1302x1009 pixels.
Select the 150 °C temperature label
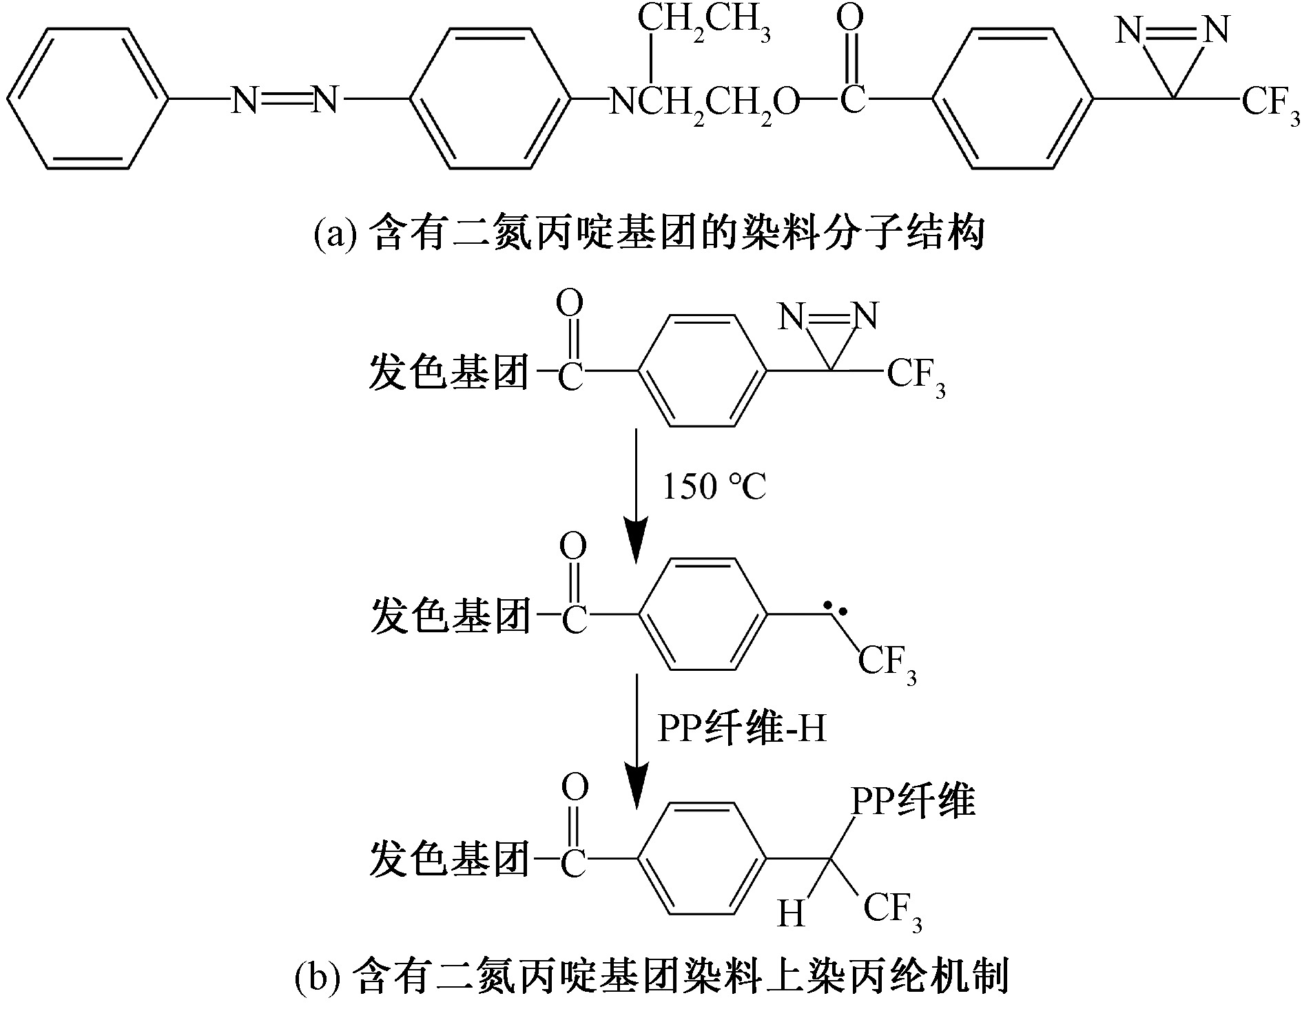click(x=713, y=486)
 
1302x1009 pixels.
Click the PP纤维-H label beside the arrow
click(x=741, y=729)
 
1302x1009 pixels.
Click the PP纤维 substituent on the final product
click(x=913, y=801)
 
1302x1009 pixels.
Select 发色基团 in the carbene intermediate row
click(x=450, y=615)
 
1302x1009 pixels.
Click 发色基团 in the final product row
click(x=450, y=858)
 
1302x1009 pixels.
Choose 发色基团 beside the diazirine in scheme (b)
click(x=450, y=372)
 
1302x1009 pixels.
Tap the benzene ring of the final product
click(x=704, y=858)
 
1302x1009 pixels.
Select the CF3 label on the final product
click(x=892, y=911)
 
